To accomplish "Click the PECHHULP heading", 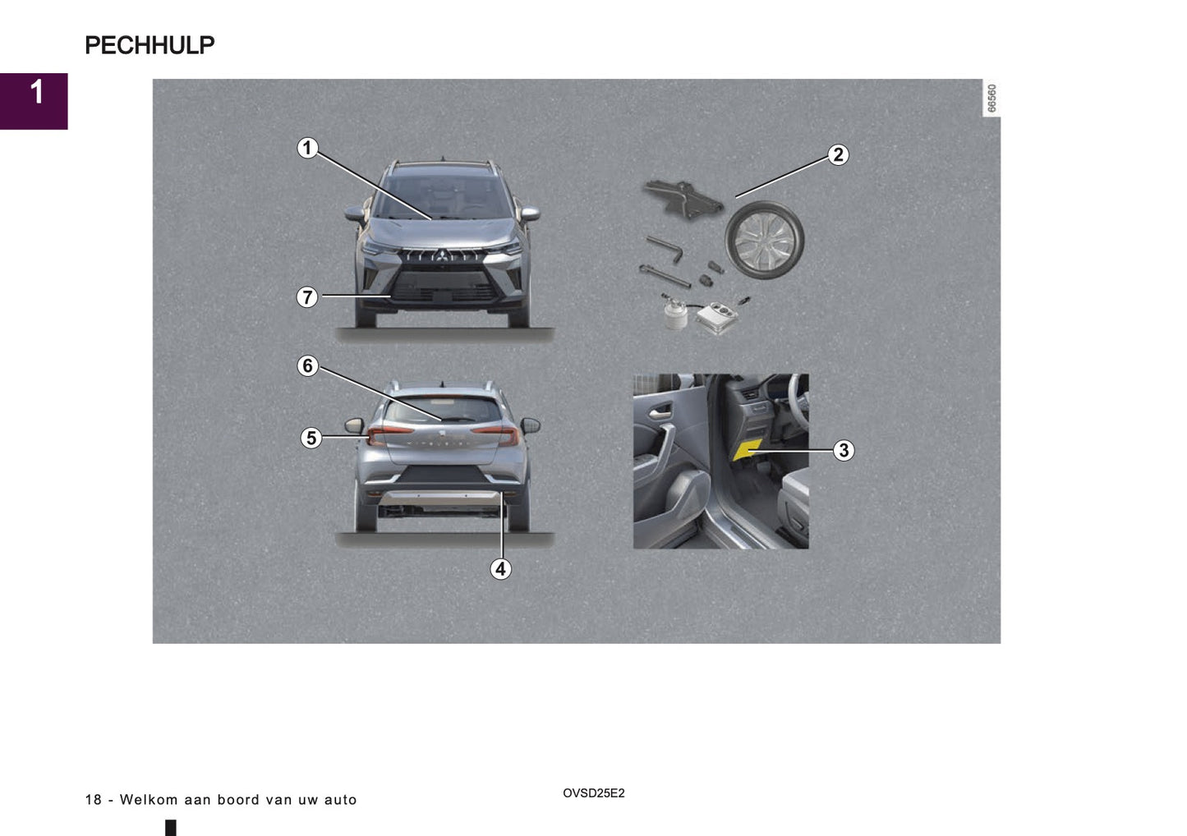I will [150, 45].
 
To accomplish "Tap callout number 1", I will [307, 148].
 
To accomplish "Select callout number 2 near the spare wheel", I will [837, 154].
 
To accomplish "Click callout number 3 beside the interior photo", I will [843, 450].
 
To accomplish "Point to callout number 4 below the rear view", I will [500, 568].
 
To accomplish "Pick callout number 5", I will [311, 438].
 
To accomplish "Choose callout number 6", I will [307, 365].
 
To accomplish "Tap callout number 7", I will [307, 296].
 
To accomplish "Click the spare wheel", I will [764, 240].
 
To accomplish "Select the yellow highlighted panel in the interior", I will [748, 449].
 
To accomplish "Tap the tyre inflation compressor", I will [718, 315].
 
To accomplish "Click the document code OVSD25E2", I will [593, 793].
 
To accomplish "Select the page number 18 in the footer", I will [93, 800].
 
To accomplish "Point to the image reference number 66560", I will [991, 99].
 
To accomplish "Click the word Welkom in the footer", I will [149, 800].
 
